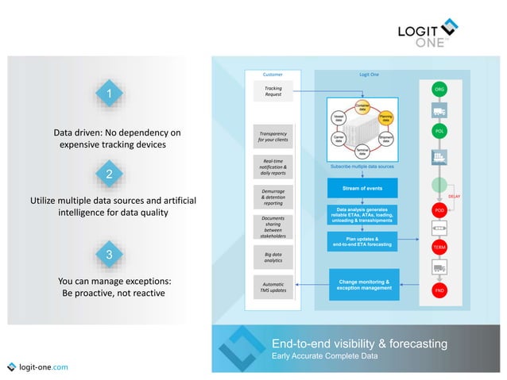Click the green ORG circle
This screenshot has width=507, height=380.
pyautogui.click(x=439, y=89)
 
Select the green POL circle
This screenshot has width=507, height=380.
pyautogui.click(x=439, y=131)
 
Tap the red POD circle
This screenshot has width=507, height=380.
pyautogui.click(x=439, y=210)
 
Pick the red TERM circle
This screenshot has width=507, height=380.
pyautogui.click(x=439, y=248)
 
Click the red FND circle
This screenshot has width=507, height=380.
pyautogui.click(x=439, y=290)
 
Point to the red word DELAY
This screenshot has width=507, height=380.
pyautogui.click(x=455, y=196)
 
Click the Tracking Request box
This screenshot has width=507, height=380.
pyautogui.click(x=273, y=91)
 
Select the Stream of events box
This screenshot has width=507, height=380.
pyautogui.click(x=362, y=189)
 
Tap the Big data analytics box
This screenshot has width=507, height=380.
pyautogui.click(x=273, y=255)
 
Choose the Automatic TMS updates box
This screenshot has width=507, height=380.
pyautogui.click(x=273, y=286)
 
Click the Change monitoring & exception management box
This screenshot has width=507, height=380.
pyautogui.click(x=363, y=285)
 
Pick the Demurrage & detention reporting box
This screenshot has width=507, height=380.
pyautogui.click(x=273, y=197)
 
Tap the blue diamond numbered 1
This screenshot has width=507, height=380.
pyautogui.click(x=109, y=95)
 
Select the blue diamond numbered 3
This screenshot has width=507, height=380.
pyautogui.click(x=109, y=254)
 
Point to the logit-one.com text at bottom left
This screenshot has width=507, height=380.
pyautogui.click(x=42, y=367)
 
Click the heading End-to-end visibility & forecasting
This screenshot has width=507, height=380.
pyautogui.click(x=358, y=344)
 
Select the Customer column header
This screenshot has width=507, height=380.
pyautogui.click(x=272, y=74)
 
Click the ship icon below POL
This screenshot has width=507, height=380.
pyautogui.click(x=439, y=156)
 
